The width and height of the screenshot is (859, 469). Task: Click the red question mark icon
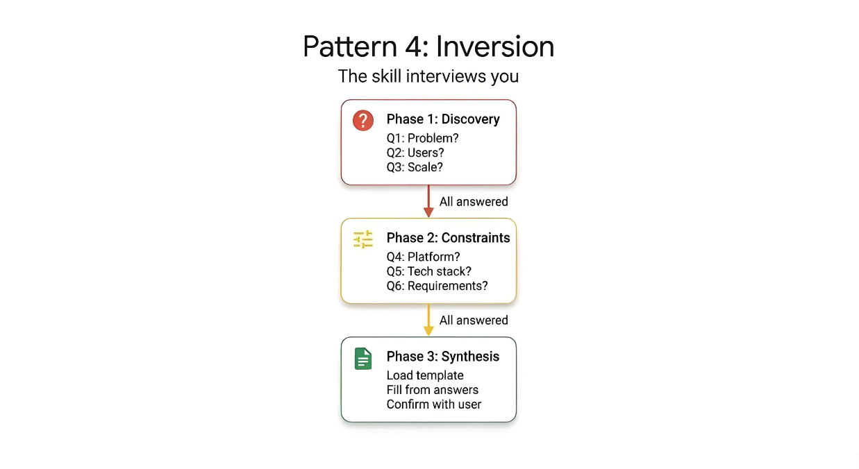362,120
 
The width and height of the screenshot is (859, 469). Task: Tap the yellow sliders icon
362,239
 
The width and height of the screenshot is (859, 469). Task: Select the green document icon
362,359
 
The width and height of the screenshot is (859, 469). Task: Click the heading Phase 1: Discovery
442,119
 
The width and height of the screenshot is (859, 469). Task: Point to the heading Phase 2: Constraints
448,238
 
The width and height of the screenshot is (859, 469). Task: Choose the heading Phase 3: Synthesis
442,357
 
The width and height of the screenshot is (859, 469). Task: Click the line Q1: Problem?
422,138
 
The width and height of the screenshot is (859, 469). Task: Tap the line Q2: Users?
415,153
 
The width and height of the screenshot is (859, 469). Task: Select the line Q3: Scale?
415,167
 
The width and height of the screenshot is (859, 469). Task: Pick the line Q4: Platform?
423,257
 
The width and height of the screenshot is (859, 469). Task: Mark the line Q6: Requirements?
437,286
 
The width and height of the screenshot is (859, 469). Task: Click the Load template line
425,375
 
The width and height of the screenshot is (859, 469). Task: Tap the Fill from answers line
432,390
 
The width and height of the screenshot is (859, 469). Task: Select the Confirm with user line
433,404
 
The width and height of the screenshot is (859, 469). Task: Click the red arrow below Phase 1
428,201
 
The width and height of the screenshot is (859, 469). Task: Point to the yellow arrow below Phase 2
428,320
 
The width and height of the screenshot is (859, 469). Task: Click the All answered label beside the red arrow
474,202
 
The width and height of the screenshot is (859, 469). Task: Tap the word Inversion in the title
496,47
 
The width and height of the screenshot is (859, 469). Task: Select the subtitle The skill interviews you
428,76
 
